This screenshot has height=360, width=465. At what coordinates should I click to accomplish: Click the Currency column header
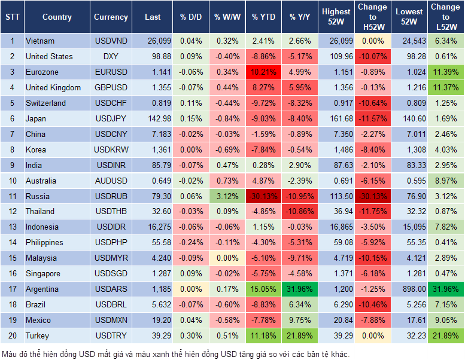tap(111, 17)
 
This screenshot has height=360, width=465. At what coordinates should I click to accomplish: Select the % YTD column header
tap(264, 17)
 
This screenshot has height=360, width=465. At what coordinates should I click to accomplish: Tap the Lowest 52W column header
tap(409, 17)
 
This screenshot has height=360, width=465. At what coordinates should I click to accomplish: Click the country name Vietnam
tap(40, 41)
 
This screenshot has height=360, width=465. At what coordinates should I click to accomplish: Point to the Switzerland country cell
tap(46, 103)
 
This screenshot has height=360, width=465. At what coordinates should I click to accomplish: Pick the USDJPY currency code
tap(111, 118)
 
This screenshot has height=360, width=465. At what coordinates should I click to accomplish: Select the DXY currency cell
tap(111, 56)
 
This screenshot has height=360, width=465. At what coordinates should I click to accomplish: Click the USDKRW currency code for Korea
tap(111, 150)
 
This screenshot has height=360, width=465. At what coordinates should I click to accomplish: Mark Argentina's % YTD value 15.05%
tap(264, 289)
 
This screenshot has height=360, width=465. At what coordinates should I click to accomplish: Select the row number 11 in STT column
tap(11, 196)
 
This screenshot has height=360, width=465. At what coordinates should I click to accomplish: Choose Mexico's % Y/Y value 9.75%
tap(301, 320)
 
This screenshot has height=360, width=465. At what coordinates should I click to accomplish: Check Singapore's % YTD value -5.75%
tap(264, 273)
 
